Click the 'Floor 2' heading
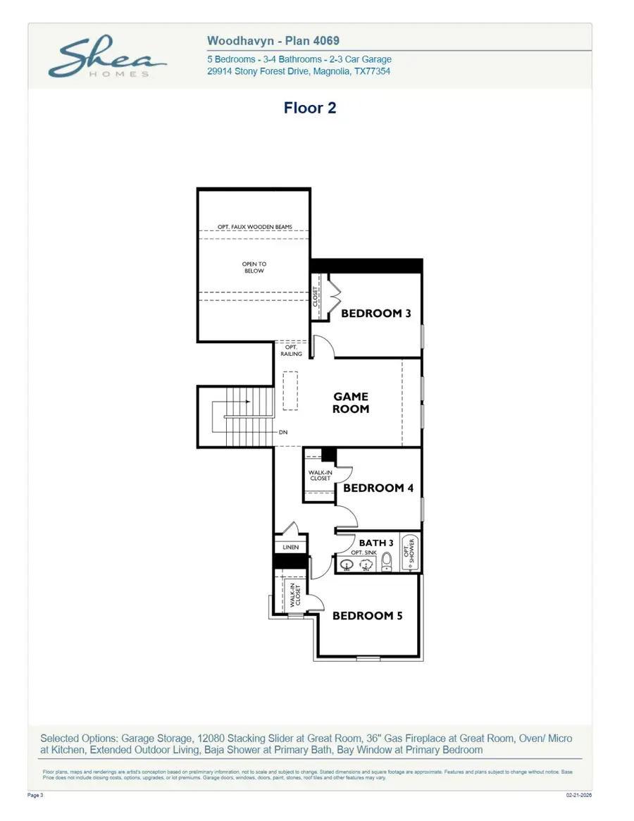click(309, 108)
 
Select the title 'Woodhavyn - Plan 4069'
click(273, 42)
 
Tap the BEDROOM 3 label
click(375, 313)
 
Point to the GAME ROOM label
click(351, 403)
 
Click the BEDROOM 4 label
click(378, 488)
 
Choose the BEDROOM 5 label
click(367, 615)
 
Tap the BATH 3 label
click(376, 543)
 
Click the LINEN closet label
click(291, 547)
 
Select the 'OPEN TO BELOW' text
click(254, 268)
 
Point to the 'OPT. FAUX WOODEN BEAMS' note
click(254, 227)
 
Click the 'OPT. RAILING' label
click(292, 350)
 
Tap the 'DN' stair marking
click(282, 433)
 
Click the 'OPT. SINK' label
click(363, 553)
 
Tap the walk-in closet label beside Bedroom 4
click(320, 475)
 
